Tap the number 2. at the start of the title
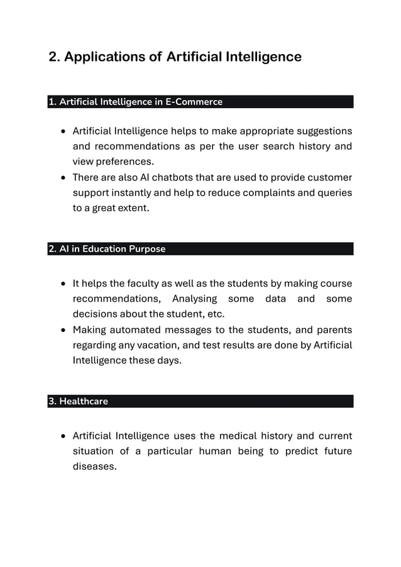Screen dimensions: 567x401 coord(55,57)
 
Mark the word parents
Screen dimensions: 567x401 coord(333,330)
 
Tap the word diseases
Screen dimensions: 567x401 coord(95,466)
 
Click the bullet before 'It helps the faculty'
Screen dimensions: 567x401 coord(63,284)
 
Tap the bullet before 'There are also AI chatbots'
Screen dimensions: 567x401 coord(63,178)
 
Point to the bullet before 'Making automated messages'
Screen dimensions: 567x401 coord(63,331)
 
